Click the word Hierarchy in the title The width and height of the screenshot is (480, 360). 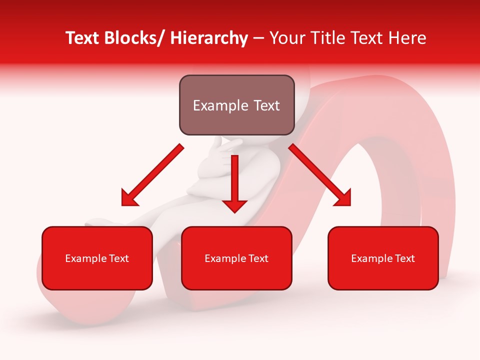[x=209, y=38]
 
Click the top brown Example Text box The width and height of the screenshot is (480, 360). [x=236, y=105]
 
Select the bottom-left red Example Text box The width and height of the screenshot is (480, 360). [x=97, y=258]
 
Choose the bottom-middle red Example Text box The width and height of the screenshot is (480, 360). [x=236, y=258]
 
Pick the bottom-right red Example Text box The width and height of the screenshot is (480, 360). [x=383, y=258]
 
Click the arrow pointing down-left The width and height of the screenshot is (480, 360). [x=153, y=175]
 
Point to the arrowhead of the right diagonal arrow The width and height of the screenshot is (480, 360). [x=344, y=199]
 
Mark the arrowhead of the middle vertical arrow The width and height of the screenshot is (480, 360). [x=234, y=205]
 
